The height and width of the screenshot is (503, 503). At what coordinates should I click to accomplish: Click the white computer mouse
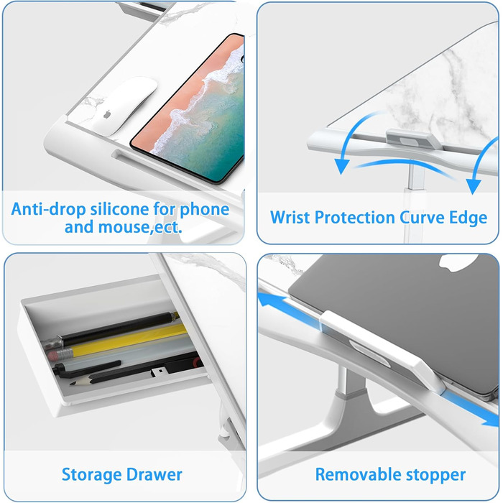click(125, 106)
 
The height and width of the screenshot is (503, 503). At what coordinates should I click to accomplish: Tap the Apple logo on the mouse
click(107, 114)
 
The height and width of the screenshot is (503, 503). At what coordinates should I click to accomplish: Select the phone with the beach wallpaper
click(188, 109)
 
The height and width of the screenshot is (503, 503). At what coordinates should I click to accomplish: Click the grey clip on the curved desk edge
click(413, 139)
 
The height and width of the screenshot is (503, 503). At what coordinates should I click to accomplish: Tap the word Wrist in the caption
click(290, 218)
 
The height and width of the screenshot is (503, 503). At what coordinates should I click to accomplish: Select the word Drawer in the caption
click(154, 474)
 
